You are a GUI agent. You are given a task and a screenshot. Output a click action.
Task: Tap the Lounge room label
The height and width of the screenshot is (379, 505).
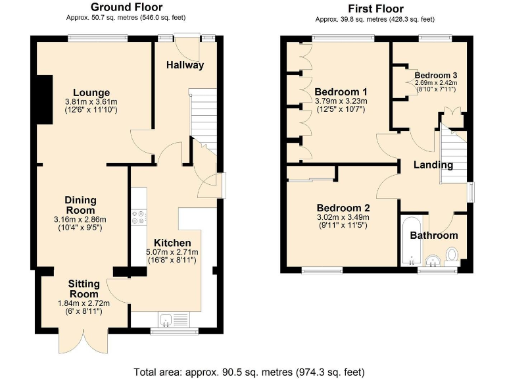(91, 92)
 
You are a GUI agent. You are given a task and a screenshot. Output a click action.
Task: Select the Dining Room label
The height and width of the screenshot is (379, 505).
(80, 205)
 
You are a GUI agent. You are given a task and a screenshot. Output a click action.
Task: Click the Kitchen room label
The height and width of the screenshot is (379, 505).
(172, 243)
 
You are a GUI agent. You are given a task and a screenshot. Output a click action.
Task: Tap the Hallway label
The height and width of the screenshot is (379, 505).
(185, 65)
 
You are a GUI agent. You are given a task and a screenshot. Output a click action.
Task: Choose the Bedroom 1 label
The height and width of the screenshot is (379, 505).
(341, 91)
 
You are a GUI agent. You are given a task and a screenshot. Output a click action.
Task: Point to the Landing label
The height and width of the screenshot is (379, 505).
(433, 164)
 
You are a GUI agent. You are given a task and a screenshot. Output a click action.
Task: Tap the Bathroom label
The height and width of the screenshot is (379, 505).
(434, 235)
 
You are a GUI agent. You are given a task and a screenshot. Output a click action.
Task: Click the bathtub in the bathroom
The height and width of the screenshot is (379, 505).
(410, 241)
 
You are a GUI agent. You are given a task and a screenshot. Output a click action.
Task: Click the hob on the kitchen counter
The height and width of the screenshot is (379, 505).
(139, 217)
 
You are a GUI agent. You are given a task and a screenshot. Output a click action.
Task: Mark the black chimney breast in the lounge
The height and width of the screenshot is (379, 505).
(45, 99)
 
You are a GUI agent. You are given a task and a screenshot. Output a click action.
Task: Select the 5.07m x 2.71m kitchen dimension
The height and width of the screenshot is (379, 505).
(172, 252)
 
